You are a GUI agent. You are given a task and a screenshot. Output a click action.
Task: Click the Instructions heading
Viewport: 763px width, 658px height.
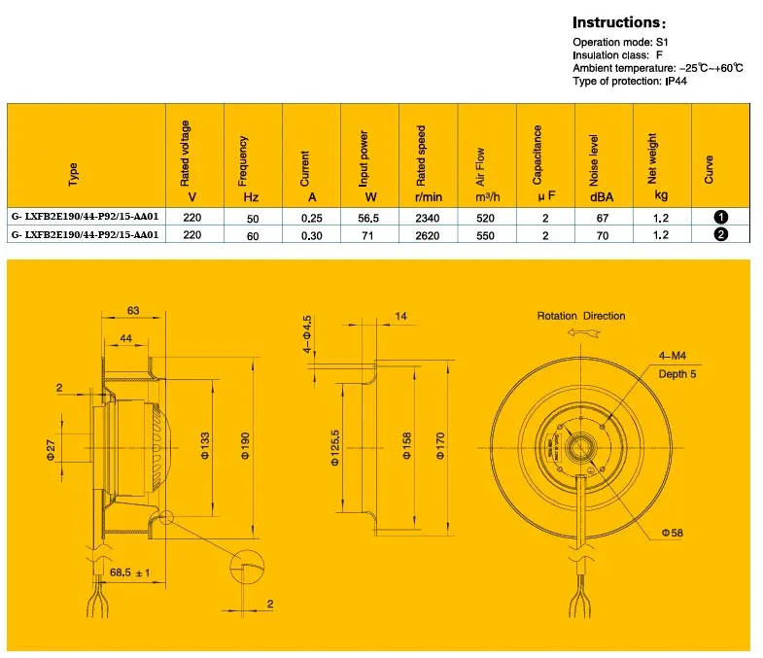click(x=618, y=23)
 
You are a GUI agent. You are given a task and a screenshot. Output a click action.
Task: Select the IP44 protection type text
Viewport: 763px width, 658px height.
click(x=676, y=82)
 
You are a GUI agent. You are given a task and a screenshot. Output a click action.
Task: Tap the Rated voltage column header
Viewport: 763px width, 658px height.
click(x=186, y=153)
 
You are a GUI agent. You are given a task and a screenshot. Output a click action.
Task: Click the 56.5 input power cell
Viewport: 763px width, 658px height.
click(x=368, y=218)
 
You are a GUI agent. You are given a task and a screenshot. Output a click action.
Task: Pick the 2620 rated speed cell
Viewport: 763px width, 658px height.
click(x=428, y=235)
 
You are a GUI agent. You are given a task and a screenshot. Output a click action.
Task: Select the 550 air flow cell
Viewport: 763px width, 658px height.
click(x=485, y=235)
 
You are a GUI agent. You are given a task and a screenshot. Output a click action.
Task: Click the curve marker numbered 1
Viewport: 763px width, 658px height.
click(x=720, y=217)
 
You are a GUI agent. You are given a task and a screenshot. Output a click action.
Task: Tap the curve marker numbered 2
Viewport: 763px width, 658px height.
click(x=720, y=234)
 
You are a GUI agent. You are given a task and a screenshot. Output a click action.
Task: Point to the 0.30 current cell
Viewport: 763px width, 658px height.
click(x=311, y=235)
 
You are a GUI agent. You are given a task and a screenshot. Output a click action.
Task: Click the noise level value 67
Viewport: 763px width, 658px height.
click(x=603, y=218)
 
